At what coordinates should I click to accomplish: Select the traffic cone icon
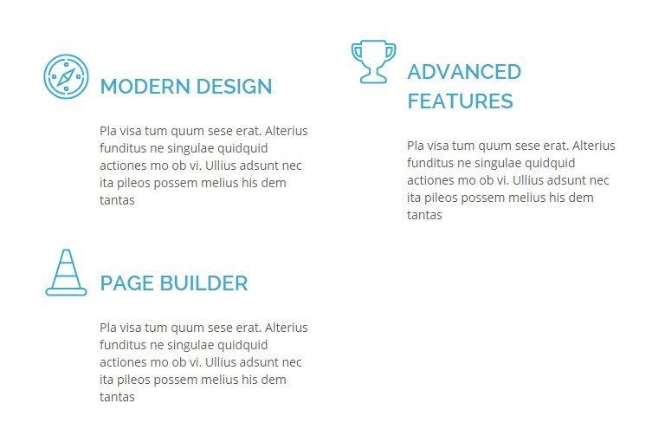pyautogui.click(x=66, y=272)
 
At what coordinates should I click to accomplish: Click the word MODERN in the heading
pyautogui.click(x=145, y=86)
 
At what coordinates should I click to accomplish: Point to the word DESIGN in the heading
pyautogui.click(x=234, y=86)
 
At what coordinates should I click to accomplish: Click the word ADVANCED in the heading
pyautogui.click(x=464, y=72)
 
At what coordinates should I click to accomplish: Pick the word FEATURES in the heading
pyautogui.click(x=460, y=101)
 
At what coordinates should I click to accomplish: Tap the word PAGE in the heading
pyautogui.click(x=126, y=283)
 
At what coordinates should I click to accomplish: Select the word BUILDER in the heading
pyautogui.click(x=204, y=283)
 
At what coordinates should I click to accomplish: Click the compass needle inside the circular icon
pyautogui.click(x=66, y=76)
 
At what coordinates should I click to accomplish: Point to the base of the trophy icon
pyautogui.click(x=374, y=79)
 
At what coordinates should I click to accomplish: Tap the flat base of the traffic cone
pyautogui.click(x=66, y=292)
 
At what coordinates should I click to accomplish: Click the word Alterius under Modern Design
pyautogui.click(x=287, y=131)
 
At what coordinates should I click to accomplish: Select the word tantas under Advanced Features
pyautogui.click(x=424, y=215)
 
